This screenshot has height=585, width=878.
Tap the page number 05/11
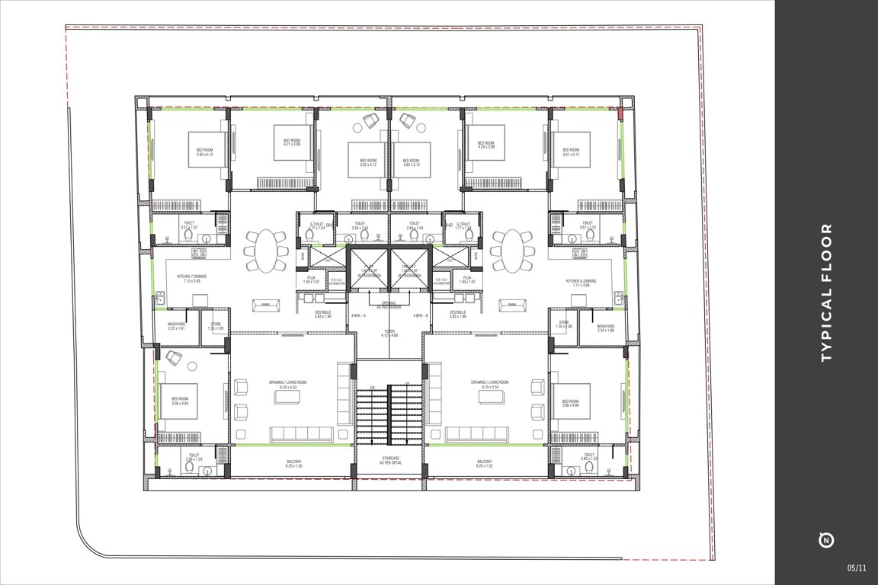coord(856,567)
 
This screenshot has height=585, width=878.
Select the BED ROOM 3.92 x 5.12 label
coord(204,152)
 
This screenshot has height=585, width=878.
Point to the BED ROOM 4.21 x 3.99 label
coord(293,142)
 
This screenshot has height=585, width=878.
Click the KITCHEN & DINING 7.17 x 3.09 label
coord(582,283)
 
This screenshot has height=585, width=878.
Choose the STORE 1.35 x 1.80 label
coord(564,324)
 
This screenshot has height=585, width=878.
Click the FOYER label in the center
coord(389,334)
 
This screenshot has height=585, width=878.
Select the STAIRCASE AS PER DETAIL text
coord(390,461)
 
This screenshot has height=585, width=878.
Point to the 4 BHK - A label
coord(358,315)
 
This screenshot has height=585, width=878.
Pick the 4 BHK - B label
coord(421,315)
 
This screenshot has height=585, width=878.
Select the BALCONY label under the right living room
coord(484,464)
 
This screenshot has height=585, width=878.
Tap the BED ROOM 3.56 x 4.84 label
coord(180,401)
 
